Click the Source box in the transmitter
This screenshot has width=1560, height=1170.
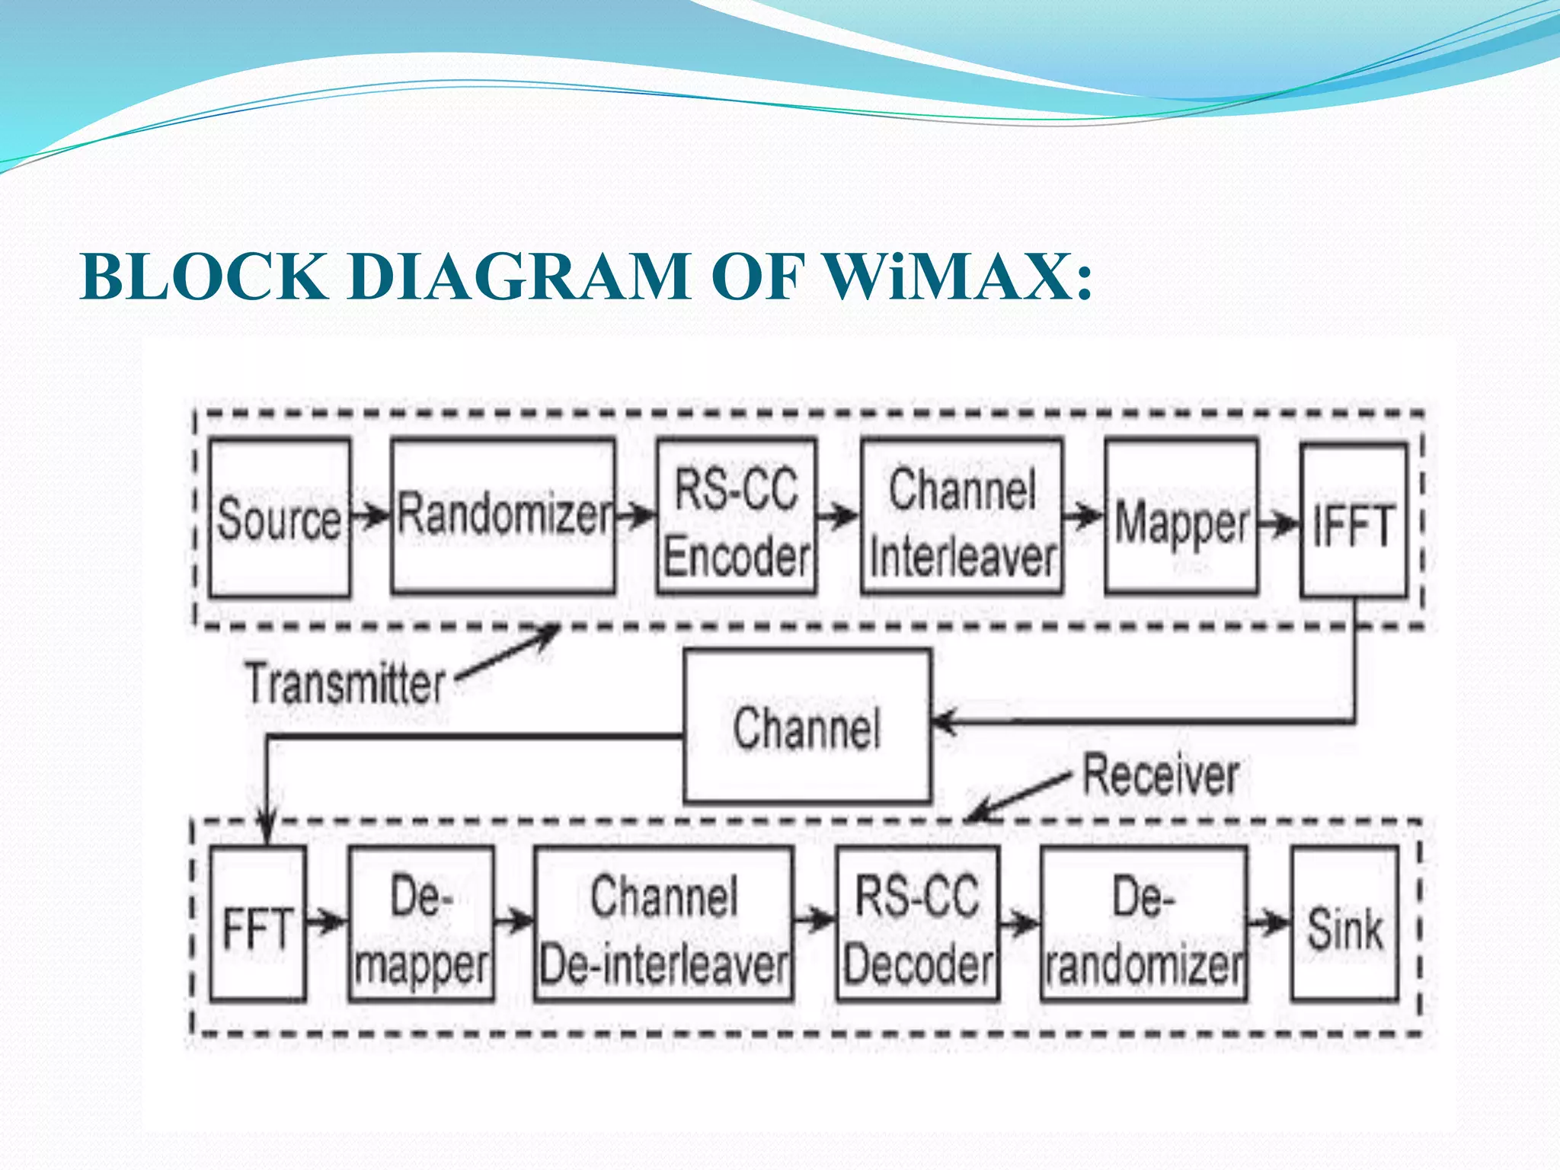pos(280,518)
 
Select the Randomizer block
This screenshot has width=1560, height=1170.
pos(503,516)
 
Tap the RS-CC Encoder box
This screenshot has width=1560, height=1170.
pos(737,516)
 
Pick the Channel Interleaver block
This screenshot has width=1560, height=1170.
pos(962,516)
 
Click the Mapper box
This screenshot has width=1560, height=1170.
pos(1181,518)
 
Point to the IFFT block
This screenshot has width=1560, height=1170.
pos(1354,521)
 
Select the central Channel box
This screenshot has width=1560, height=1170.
pos(807,726)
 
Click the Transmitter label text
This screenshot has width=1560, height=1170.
pos(345,683)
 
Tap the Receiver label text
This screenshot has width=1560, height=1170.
pos(1160,775)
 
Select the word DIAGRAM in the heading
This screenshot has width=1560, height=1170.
pos(520,277)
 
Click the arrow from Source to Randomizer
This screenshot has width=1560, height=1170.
pos(371,517)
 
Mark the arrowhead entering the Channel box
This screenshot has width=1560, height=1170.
pos(945,721)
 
